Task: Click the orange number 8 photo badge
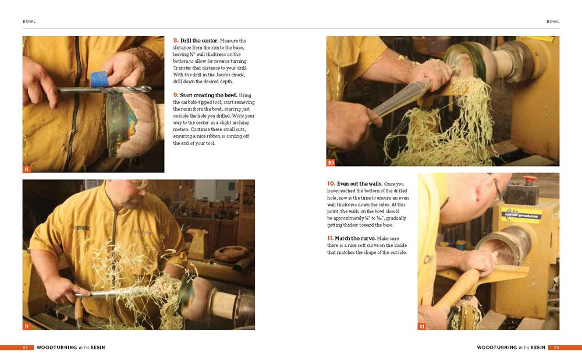pyautogui.click(x=27, y=169)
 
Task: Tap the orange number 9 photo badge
pyautogui.click(x=27, y=326)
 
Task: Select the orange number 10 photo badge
pyautogui.click(x=331, y=162)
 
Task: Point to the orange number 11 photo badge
pyautogui.click(x=422, y=326)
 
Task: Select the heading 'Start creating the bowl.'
pyautogui.click(x=209, y=95)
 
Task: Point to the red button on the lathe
pyautogui.click(x=530, y=179)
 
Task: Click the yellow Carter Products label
pyautogui.click(x=521, y=213)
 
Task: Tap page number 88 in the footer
pyautogui.click(x=26, y=348)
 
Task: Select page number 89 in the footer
pyautogui.click(x=556, y=348)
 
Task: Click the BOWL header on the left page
pyautogui.click(x=29, y=22)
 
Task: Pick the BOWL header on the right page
pyautogui.click(x=553, y=22)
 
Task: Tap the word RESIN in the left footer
pyautogui.click(x=97, y=348)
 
